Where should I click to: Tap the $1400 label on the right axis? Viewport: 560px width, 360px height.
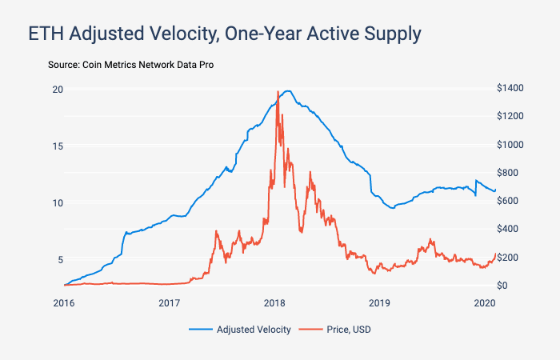pyautogui.click(x=510, y=88)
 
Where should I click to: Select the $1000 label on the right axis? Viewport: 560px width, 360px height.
pyautogui.click(x=510, y=145)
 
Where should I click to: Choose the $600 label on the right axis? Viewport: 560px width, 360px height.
pyautogui.click(x=508, y=201)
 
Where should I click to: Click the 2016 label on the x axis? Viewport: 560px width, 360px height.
pyautogui.click(x=64, y=303)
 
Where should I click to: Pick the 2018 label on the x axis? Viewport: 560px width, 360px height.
pyautogui.click(x=274, y=303)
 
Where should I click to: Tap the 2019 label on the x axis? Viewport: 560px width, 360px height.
pyautogui.click(x=379, y=303)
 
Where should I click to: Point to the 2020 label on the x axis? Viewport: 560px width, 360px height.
pyautogui.click(x=484, y=303)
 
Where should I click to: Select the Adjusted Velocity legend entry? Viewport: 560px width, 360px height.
pyautogui.click(x=240, y=329)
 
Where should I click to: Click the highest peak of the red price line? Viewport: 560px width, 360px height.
pyautogui.click(x=278, y=91)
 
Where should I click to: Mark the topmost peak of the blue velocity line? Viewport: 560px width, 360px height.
pyautogui.click(x=288, y=90)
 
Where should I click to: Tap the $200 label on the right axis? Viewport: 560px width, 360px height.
pyautogui.click(x=508, y=258)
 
